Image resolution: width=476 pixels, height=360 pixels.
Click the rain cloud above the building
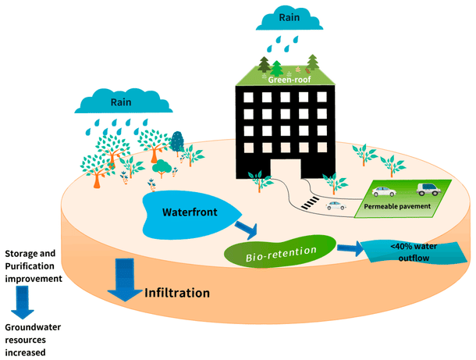[x=287, y=16]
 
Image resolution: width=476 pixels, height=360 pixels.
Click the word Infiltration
[x=177, y=294]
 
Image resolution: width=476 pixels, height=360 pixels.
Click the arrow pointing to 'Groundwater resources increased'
[x=21, y=301]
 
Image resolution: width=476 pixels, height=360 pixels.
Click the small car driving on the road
[x=336, y=205]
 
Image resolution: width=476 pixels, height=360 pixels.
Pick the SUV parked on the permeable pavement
[x=431, y=188]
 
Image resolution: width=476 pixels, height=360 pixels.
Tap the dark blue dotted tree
[x=178, y=141]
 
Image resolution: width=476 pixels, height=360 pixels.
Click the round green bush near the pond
[x=161, y=166]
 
